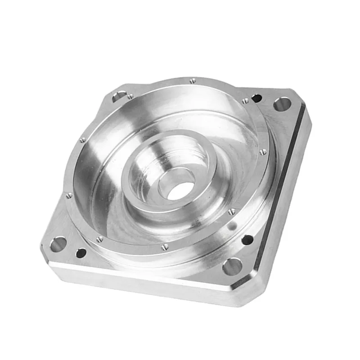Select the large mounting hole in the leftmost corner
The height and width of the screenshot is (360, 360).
coord(58,244)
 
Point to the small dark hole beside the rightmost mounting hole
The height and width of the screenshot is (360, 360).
coord(256,98)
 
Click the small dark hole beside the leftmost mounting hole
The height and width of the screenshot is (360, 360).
coord(81,253)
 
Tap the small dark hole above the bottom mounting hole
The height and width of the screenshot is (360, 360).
coord(247,240)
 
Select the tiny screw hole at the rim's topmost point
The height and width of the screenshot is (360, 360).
coord(193,81)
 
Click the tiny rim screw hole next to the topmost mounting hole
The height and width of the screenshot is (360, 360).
coord(130,96)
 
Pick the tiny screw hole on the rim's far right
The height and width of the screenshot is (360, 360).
coord(263,152)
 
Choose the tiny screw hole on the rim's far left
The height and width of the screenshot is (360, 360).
coord(68,195)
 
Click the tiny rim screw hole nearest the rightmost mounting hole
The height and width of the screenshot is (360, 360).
coord(245,101)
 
